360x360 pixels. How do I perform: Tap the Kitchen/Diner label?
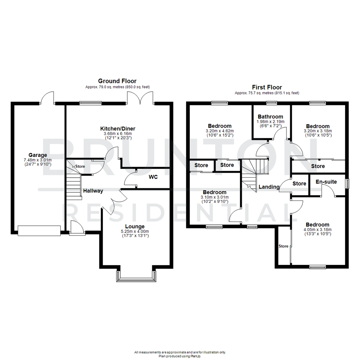coord(118,129)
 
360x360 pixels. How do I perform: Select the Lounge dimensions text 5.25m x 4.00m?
coord(135,231)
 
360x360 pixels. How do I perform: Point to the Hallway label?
coord(93,191)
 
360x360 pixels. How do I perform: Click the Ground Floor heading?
coord(117,81)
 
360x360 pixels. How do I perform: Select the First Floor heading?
coord(267,87)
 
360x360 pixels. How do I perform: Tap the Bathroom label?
coord(270,117)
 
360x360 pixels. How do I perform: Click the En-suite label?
coord(326,182)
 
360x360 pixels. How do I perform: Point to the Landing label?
coord(269,187)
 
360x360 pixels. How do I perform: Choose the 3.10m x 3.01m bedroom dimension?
coord(215,197)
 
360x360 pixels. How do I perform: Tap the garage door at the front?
coord(39,230)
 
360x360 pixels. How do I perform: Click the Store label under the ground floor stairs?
coord(80,166)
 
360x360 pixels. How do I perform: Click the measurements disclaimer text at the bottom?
coord(180,352)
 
